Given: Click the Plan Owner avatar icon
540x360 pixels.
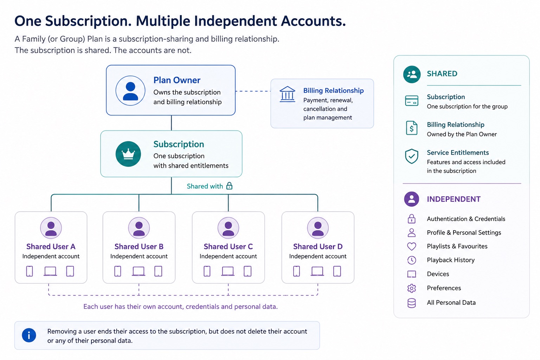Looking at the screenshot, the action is click(130, 91).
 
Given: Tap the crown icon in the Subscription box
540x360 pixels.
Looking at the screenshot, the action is click(128, 154).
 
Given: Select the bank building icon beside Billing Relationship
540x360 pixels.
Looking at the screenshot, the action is click(287, 94).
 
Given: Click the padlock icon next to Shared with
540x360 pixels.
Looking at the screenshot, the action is click(229, 186).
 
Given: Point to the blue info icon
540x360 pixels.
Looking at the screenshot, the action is click(29, 335).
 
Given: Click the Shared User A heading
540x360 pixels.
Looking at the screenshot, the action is click(51, 246).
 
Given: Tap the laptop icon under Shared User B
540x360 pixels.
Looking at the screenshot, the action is click(139, 271).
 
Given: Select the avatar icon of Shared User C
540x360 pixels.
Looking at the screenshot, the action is click(228, 228).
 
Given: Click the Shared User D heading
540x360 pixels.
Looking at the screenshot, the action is click(318, 246).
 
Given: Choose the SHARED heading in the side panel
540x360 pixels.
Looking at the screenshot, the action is click(442, 73).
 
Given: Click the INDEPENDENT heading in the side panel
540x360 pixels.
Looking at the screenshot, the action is click(454, 199).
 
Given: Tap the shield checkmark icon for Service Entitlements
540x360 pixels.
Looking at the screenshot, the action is click(412, 156).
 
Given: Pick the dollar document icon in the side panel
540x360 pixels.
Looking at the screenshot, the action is click(412, 128).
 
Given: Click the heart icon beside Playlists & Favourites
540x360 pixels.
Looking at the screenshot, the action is click(412, 246).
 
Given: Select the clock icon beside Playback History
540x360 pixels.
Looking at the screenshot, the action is click(412, 260).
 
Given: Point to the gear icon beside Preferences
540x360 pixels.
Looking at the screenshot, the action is click(412, 288).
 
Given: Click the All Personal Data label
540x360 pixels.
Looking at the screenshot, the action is click(451, 303).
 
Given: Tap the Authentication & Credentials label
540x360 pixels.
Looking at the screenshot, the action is click(466, 219).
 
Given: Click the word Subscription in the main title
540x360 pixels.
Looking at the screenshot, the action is click(88, 21).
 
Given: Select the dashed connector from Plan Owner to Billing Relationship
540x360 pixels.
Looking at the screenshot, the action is click(253, 91).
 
